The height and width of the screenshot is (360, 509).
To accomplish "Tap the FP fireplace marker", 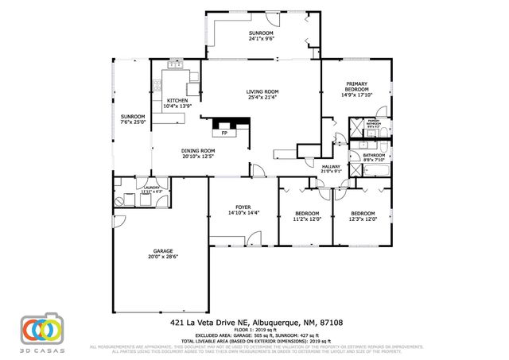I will pyautogui.click(x=225, y=133).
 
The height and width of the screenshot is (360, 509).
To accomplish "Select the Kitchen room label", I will pyautogui.click(x=177, y=100).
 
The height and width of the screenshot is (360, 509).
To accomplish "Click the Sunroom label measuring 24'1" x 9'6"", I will pyautogui.click(x=261, y=38).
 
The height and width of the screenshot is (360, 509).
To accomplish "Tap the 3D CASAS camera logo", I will pyautogui.click(x=41, y=328).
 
